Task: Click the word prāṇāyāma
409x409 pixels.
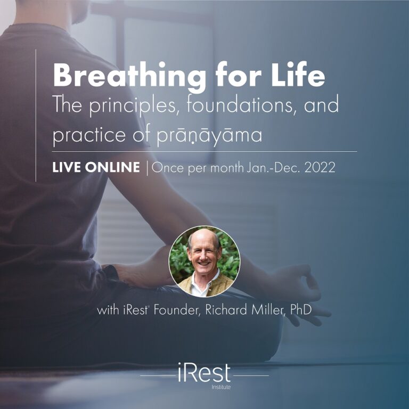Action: tap(209, 135)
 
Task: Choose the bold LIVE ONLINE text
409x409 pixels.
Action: tap(96, 167)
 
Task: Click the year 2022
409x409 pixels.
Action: tap(320, 167)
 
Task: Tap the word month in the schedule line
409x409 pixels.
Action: tap(227, 167)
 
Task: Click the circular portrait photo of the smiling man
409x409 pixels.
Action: tap(204, 261)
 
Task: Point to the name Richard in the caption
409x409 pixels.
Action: tap(226, 310)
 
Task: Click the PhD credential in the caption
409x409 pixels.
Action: tap(301, 310)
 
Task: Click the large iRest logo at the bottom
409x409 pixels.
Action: tap(204, 372)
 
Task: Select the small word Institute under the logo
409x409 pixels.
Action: tap(221, 387)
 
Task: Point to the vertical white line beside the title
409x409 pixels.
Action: tap(36, 115)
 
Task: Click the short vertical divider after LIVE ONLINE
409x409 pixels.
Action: tap(147, 168)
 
